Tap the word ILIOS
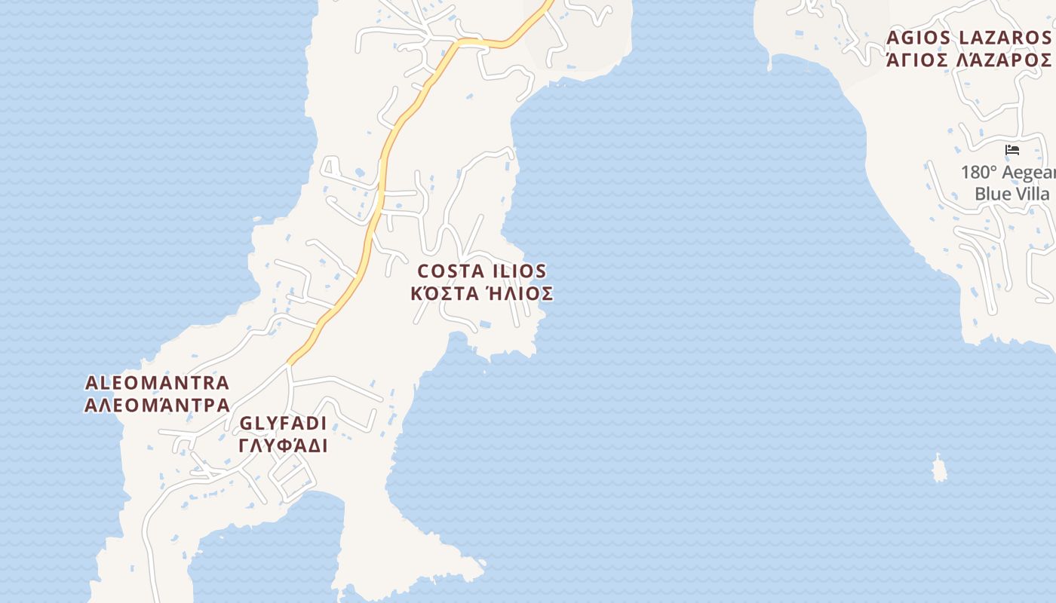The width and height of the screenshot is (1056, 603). tap(519, 271)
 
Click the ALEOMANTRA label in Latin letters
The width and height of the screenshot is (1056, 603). tap(157, 383)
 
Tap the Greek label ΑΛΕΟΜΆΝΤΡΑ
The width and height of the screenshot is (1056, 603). tap(157, 406)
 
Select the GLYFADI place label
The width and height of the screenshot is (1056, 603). tap(284, 423)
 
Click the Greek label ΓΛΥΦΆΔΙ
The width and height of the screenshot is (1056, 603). tap(284, 445)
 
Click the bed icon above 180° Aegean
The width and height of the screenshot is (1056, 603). tap(1012, 150)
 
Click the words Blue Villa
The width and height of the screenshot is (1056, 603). tap(1011, 194)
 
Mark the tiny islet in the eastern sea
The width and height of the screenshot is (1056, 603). tap(939, 469)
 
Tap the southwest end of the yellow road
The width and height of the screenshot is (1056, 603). tap(290, 363)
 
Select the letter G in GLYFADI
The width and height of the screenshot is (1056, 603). tap(246, 423)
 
